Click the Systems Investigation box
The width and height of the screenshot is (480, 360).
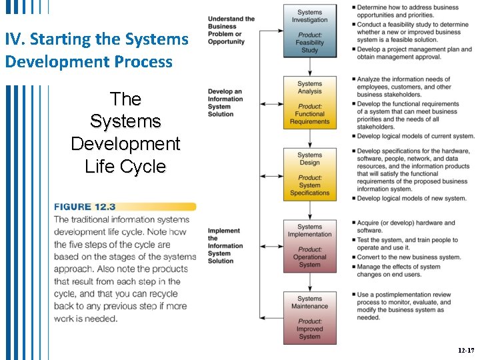point(309,31)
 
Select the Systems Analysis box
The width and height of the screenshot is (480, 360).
point(309,103)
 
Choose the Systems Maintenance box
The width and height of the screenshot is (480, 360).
point(309,317)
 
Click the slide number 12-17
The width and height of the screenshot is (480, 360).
point(465,349)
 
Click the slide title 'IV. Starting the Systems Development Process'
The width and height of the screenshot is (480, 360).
point(97,50)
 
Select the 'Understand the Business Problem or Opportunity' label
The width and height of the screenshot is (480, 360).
point(231,30)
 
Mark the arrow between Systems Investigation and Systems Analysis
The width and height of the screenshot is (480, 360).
point(310,67)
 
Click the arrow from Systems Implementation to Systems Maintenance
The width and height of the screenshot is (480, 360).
point(310,281)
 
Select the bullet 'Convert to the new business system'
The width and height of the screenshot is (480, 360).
point(409,257)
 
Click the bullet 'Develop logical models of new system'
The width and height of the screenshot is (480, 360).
point(411,198)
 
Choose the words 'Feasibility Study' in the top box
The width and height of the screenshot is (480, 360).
point(309,47)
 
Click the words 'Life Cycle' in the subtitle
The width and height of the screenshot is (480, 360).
point(125,167)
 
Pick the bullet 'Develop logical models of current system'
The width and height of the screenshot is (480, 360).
point(415,136)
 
